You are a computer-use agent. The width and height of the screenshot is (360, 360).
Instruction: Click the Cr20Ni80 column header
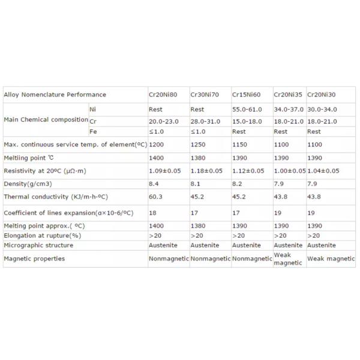point(163,95)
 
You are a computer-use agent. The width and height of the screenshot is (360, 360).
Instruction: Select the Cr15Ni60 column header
point(247,95)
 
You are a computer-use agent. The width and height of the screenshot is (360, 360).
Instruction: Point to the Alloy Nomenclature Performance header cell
point(55,95)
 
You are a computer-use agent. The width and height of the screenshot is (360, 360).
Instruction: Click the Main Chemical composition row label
point(46,120)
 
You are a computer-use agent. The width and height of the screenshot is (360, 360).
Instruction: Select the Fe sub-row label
point(94,131)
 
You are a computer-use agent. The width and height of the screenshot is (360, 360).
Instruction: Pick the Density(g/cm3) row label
point(28,183)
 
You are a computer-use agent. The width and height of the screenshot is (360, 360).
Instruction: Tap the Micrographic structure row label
point(39,245)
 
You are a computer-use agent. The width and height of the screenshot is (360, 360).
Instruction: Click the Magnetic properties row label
point(34,259)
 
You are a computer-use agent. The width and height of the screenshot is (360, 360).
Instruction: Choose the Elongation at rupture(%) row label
point(43,235)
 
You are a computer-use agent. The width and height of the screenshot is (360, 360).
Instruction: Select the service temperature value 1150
point(239,145)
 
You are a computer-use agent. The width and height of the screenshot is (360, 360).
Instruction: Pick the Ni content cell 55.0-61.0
point(247,110)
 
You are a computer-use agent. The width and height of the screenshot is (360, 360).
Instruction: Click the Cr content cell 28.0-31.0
point(205,121)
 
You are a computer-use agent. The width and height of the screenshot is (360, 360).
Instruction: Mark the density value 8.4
point(154,183)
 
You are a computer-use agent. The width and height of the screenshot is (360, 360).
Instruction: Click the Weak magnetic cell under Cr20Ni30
point(331,259)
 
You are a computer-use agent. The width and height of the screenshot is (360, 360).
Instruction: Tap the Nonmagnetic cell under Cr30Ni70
point(210,259)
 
